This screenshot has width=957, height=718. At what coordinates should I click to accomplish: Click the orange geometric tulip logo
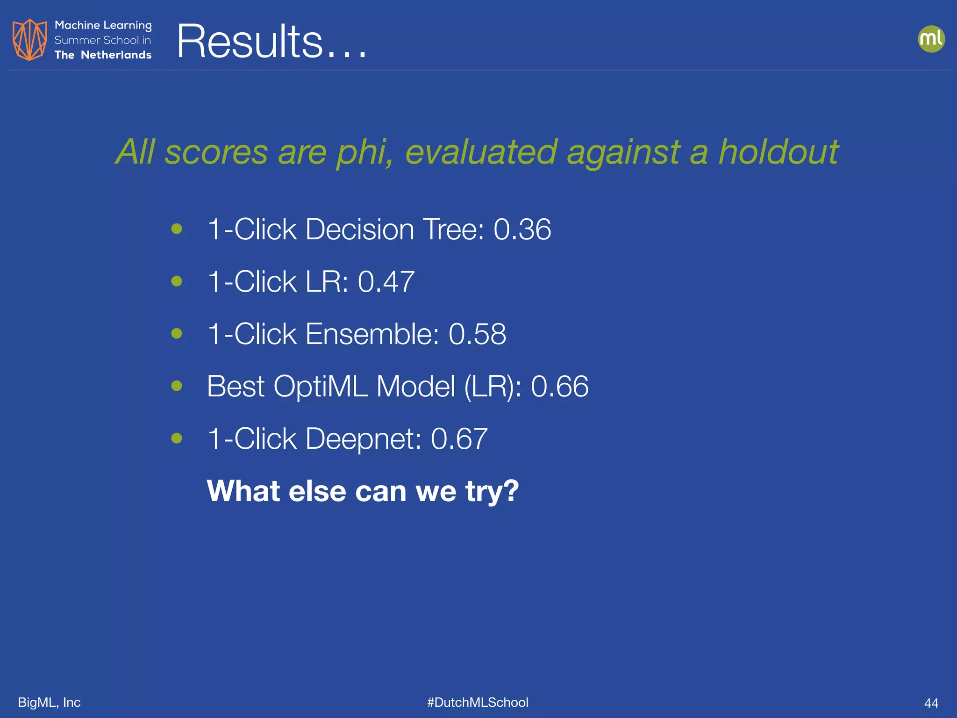[29, 40]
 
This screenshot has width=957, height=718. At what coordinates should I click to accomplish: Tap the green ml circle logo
[931, 39]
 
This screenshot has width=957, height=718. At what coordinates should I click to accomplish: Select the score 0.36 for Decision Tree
[522, 229]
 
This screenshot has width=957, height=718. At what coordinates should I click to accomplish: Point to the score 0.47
[386, 281]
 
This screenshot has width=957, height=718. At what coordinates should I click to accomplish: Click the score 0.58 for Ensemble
[477, 334]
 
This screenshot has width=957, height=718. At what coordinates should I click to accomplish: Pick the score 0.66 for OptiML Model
[559, 386]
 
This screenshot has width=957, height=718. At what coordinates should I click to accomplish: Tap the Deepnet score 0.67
[459, 438]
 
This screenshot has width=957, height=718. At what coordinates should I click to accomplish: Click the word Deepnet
[363, 438]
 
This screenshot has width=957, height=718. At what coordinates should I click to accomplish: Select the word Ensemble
[372, 334]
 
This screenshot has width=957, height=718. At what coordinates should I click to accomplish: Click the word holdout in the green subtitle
[778, 152]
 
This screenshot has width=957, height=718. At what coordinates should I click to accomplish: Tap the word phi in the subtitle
[364, 153]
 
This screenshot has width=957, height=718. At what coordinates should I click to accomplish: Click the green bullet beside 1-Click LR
[177, 281]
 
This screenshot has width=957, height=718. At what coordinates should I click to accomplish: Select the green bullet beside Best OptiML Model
[177, 386]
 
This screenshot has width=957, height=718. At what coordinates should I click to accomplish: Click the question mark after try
[509, 491]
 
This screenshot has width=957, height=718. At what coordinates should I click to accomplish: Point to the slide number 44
[931, 703]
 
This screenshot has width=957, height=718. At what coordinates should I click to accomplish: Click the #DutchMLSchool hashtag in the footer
[478, 702]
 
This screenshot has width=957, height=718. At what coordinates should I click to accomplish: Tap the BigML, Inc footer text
[49, 702]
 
